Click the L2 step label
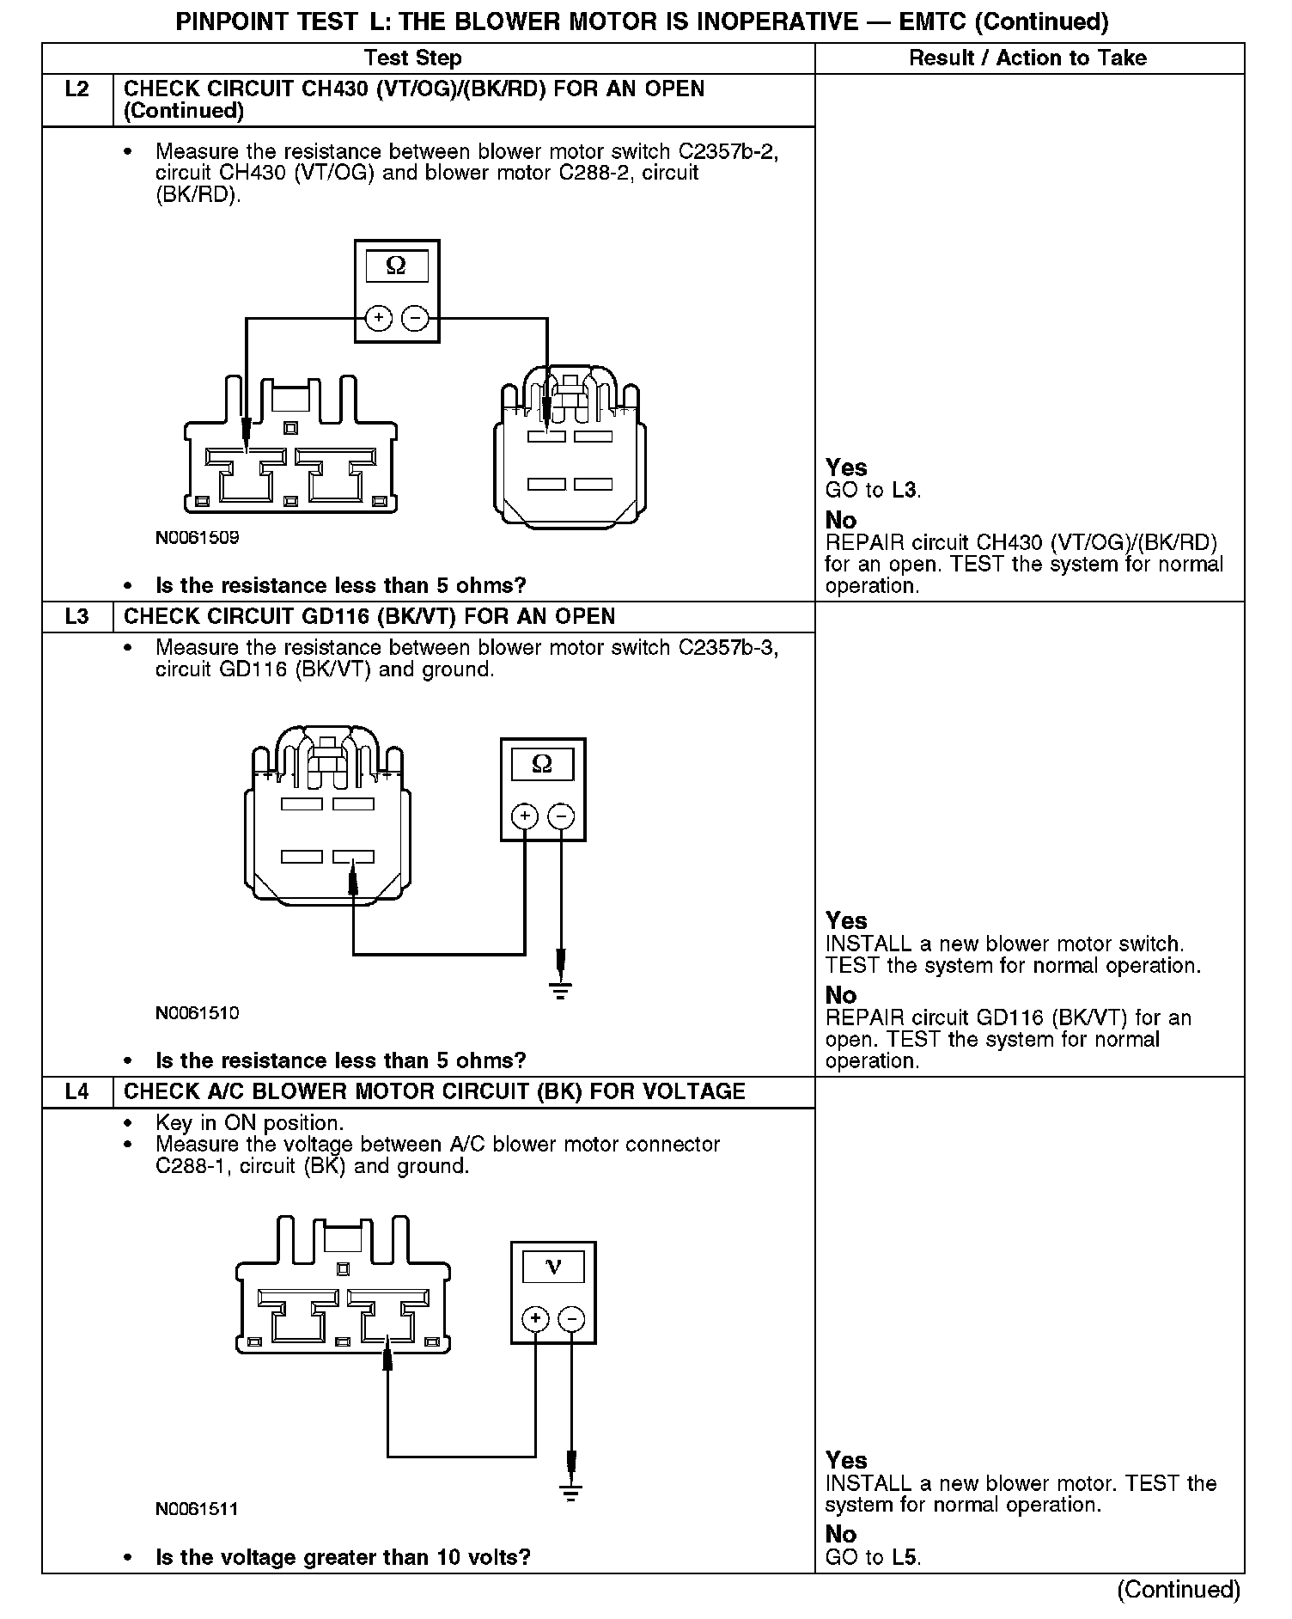pos(76,89)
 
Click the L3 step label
pos(76,617)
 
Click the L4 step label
pos(76,1092)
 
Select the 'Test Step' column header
pos(412,58)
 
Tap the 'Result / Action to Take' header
pos(1027,58)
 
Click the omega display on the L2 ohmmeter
pos(396,266)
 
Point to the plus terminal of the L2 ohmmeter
pos(378,319)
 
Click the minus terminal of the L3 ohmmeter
pos(561,816)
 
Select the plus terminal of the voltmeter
pos(535,1319)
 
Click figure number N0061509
pos(197,539)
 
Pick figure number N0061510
pos(197,1013)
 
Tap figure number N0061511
pos(197,1510)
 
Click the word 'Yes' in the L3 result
pos(846,921)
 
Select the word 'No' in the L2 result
pos(841,521)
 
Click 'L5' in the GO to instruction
pos(904,1558)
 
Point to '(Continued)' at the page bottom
pos(1179,1590)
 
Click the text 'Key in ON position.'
pos(249,1123)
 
